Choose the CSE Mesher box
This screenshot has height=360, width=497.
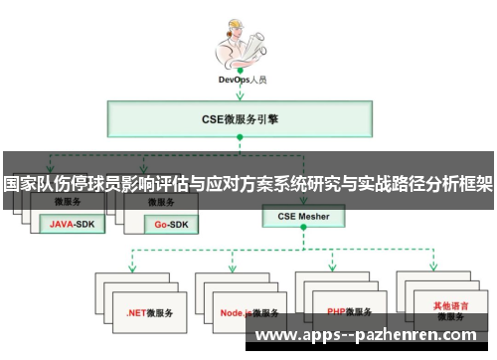tap(303, 215)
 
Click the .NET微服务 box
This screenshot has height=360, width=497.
tap(148, 312)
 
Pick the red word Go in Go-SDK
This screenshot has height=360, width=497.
tap(151, 224)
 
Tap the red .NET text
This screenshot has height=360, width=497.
tap(136, 312)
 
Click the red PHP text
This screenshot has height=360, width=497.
tap(335, 312)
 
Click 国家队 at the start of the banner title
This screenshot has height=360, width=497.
tap(28, 184)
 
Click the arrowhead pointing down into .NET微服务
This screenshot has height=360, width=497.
tap(131, 270)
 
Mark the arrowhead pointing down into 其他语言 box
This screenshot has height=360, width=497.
tap(434, 270)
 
